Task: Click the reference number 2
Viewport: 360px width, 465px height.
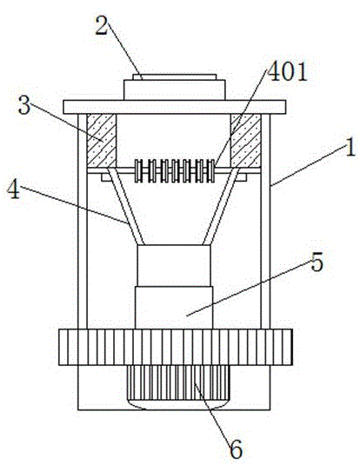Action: coord(101,26)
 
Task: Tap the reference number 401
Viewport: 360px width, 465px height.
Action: coord(287,72)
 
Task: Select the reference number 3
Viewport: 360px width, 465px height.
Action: coord(24,105)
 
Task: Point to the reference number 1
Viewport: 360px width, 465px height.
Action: coord(350,148)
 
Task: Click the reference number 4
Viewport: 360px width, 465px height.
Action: coord(14,189)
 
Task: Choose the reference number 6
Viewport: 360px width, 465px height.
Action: coord(237,449)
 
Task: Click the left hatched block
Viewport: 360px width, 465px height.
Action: coord(102,141)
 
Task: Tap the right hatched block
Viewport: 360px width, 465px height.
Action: coord(246,141)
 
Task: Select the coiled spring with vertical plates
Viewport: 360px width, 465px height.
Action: coord(175,170)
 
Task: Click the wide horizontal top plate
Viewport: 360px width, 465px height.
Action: coord(175,107)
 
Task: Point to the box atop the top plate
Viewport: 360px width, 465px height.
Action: coord(175,87)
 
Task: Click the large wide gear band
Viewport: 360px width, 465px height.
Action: coord(176,347)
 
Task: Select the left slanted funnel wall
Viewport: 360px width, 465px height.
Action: coord(125,206)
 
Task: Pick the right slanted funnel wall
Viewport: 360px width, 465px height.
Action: coord(221,206)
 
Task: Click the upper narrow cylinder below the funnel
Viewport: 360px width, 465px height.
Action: coord(174,265)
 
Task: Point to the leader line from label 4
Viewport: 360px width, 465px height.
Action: coord(74,204)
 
